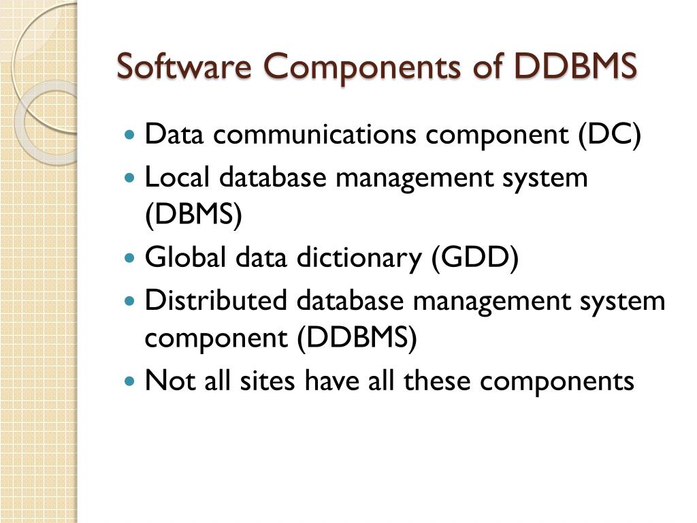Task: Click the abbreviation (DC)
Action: (x=610, y=135)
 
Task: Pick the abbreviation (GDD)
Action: (x=474, y=258)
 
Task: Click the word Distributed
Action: (x=216, y=300)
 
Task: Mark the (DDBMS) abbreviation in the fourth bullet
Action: (x=357, y=338)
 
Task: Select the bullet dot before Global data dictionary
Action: (x=131, y=259)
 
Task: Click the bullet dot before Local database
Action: (x=131, y=178)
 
